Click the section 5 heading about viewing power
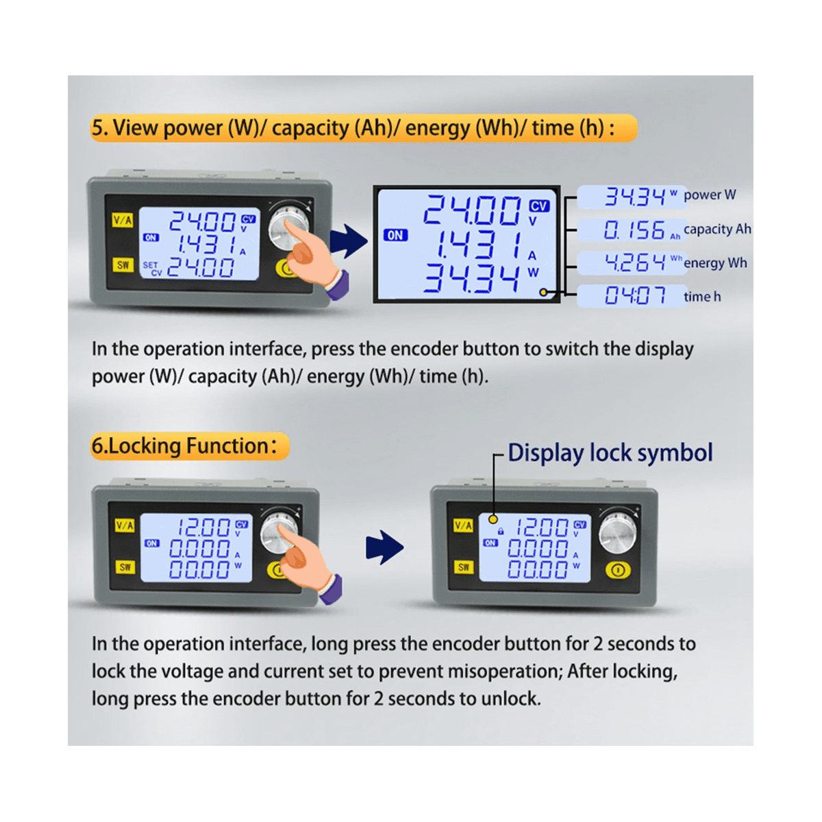tap(363, 128)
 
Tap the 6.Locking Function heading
tap(189, 446)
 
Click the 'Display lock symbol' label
tap(610, 453)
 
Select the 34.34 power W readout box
tap(632, 197)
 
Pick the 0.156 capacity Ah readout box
tap(632, 230)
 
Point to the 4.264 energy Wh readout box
tap(632, 262)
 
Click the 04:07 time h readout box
tap(632, 296)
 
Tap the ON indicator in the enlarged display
tap(395, 235)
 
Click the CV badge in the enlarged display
tap(539, 206)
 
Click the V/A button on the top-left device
tap(123, 220)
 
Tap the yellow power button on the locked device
tap(618, 569)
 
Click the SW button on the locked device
tap(464, 566)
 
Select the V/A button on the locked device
tap(463, 525)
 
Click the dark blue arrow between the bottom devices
tap(384, 547)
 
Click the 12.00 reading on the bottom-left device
tap(204, 527)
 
